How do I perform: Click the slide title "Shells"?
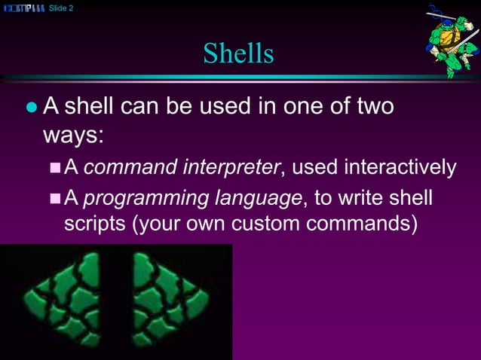[237, 53]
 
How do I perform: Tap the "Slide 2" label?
[61, 8]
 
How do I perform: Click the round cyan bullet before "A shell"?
[31, 108]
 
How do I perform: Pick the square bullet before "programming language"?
[54, 200]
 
